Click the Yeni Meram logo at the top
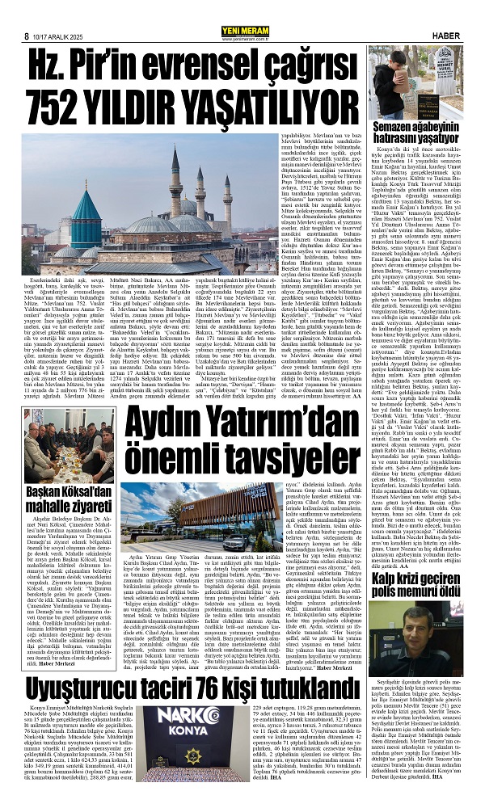tap(242, 10)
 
